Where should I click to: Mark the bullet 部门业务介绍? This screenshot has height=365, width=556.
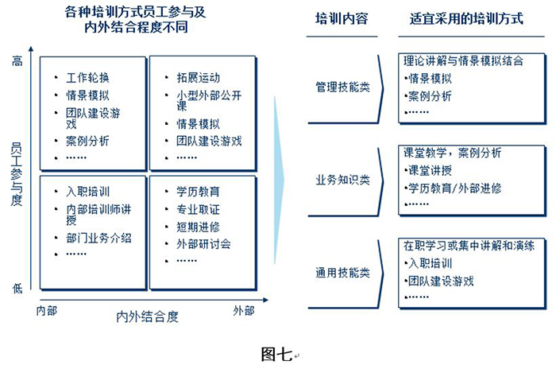coord(98,238)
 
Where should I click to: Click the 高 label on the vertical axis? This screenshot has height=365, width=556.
coord(17,61)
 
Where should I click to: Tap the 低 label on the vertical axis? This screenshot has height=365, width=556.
coord(17,289)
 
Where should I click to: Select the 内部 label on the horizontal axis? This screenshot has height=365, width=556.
coord(47,309)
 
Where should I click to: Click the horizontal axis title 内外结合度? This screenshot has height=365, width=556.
coord(147,317)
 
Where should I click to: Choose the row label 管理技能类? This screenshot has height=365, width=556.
coord(342,87)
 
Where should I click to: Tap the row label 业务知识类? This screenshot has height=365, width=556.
coord(342,180)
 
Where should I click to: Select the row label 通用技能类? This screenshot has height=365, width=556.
coord(342,272)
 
